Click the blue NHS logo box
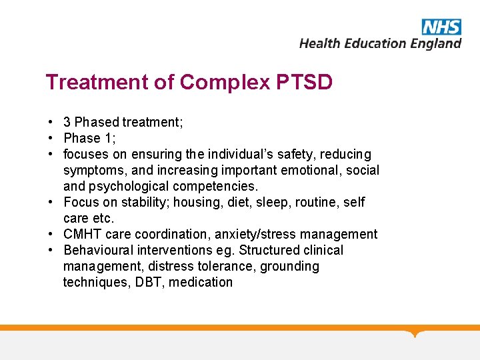tap(441, 27)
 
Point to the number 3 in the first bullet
tap(67, 122)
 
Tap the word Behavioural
tap(100, 250)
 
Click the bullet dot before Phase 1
tap(51, 138)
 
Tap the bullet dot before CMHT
tap(51, 234)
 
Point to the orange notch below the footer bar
tap(416, 333)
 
